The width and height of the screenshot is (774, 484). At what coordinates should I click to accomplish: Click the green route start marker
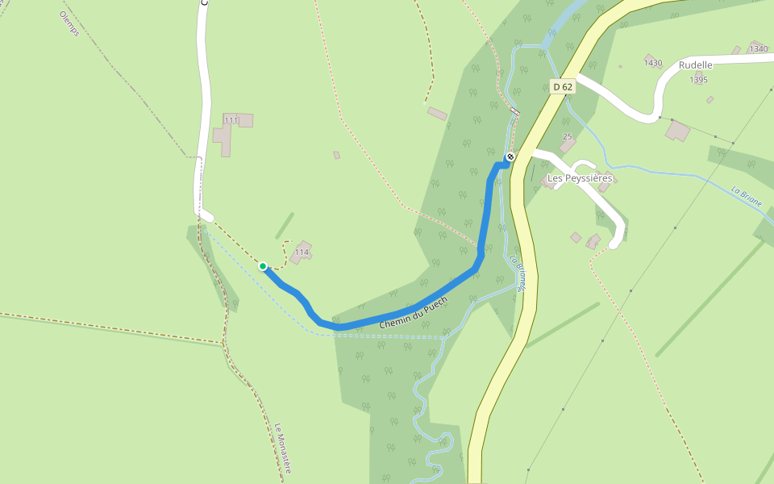(263, 265)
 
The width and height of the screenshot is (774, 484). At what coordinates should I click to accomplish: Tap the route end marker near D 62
(510, 156)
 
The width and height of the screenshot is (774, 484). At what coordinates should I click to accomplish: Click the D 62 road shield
(563, 86)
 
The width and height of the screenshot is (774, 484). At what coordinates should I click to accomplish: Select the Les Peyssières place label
(580, 177)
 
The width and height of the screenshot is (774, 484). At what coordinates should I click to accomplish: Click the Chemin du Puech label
(413, 311)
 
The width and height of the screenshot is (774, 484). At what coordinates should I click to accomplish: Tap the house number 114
(302, 252)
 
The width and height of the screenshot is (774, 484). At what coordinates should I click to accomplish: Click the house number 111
(231, 120)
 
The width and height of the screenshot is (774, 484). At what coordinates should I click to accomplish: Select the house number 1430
(653, 63)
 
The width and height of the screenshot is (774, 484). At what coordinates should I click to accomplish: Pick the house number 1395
(699, 80)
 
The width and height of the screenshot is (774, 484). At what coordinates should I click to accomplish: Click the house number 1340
(758, 49)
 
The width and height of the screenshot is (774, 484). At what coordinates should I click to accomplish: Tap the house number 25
(567, 136)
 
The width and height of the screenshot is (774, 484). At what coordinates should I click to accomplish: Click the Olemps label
(69, 24)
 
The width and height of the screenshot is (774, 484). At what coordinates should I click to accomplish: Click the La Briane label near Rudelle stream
(747, 198)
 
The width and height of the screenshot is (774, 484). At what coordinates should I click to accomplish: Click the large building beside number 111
(223, 139)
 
